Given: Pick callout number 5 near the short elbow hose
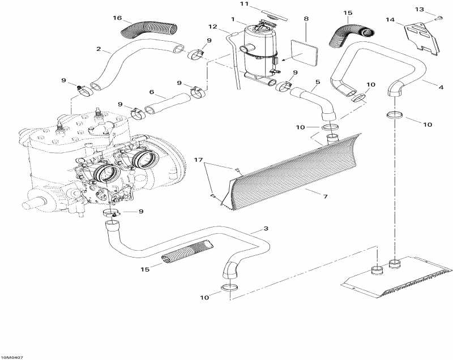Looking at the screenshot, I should [318, 82].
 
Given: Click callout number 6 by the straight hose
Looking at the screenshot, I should [151, 92].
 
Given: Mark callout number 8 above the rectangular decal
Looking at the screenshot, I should [306, 19].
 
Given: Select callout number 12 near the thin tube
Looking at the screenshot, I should [212, 27].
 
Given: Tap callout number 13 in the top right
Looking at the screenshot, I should [435, 9].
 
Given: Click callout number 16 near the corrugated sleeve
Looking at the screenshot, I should [117, 18].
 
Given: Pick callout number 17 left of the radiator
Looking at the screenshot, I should [199, 161].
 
